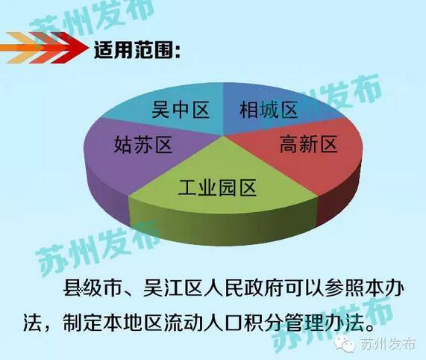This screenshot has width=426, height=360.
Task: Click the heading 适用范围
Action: click(x=134, y=50)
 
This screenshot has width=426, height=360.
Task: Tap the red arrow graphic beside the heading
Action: click(x=45, y=48)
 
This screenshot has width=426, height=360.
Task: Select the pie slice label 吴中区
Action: click(x=181, y=110)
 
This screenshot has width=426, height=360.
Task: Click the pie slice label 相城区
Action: click(x=269, y=110)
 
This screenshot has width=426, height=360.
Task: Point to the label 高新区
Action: click(x=309, y=143)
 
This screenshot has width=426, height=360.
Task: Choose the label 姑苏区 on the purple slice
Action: click(x=143, y=144)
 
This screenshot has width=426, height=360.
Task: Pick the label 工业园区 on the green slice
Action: click(x=217, y=187)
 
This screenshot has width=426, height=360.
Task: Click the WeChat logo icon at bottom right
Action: click(x=345, y=344)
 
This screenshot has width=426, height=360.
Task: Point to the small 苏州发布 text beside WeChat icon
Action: click(x=388, y=344)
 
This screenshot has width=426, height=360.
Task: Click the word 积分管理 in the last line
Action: click(x=283, y=322)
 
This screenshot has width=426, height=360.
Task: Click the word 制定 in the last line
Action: click(x=82, y=322)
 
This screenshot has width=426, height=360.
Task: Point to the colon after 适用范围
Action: click(x=178, y=51)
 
